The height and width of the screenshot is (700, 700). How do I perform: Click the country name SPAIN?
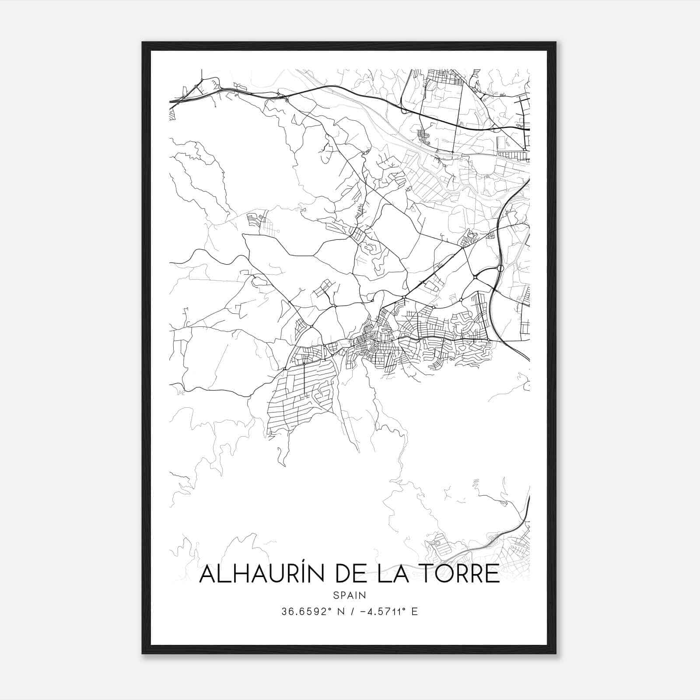pyautogui.click(x=350, y=595)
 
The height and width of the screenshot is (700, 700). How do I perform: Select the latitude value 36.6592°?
pyautogui.click(x=304, y=612)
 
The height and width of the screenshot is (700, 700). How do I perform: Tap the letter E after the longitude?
pyautogui.click(x=414, y=612)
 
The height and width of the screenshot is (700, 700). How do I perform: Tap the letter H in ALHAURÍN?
pyautogui.click(x=239, y=574)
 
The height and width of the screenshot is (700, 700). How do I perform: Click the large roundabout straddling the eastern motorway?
pyautogui.click(x=500, y=268)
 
